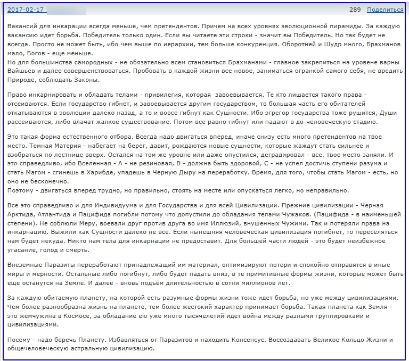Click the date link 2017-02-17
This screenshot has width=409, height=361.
(25, 10)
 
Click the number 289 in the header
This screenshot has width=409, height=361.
(355, 10)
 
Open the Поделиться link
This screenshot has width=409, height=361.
(385, 10)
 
